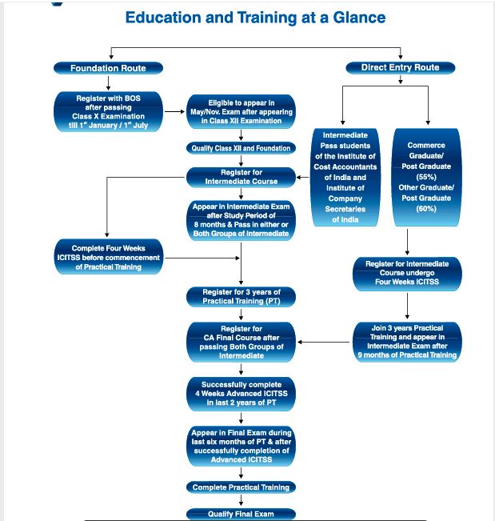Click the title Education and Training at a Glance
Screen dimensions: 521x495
[x=255, y=18]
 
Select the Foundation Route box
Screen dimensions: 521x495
[x=108, y=68]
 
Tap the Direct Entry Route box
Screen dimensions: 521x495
[x=401, y=68]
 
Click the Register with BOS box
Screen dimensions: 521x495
[x=108, y=112]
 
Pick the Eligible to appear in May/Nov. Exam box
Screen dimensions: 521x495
[x=241, y=112]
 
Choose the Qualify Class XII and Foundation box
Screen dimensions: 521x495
[x=241, y=148]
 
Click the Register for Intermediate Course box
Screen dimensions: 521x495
[x=241, y=177]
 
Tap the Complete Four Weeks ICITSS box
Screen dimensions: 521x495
[x=108, y=258]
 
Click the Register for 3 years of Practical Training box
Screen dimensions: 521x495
[x=241, y=297]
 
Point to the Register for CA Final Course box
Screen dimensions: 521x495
[x=241, y=342]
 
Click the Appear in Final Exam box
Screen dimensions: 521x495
[x=241, y=445]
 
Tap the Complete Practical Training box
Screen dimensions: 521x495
[x=241, y=487]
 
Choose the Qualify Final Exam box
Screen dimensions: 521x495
[x=241, y=514]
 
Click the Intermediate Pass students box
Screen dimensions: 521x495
[x=345, y=178]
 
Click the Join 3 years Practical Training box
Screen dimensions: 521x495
[x=407, y=341]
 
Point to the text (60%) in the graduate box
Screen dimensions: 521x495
[x=426, y=209]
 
